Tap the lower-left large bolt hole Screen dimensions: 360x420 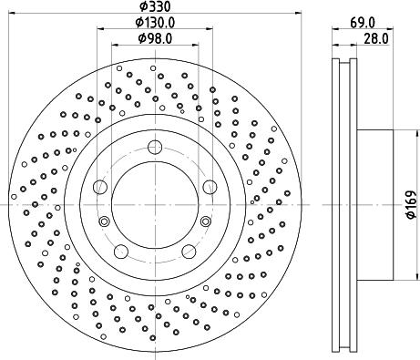(x=120, y=251)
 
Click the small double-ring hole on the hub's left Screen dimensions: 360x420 (x=105, y=221)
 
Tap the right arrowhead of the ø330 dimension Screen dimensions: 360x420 (x=300, y=15)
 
